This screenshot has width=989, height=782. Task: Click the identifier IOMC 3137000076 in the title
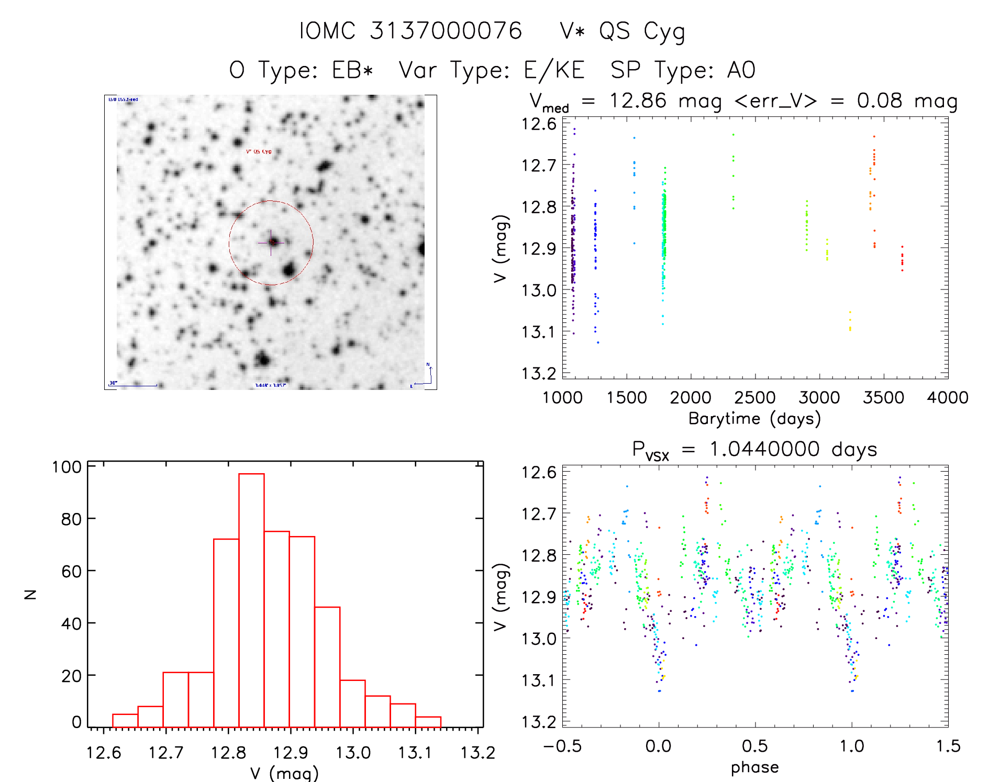410,31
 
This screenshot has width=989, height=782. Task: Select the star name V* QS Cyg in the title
622,31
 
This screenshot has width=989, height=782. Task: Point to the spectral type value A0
741,70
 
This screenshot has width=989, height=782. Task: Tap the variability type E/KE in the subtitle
554,70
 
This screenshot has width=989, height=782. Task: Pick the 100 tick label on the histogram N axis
66,467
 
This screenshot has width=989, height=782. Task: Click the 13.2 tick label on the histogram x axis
477,753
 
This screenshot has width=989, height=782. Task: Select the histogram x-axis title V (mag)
284,773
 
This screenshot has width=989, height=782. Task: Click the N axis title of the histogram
30,594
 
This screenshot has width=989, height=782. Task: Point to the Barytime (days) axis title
754,419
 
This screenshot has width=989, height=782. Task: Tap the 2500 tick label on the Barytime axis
754,398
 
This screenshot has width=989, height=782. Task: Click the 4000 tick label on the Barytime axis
948,398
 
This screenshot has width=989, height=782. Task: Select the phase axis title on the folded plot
754,767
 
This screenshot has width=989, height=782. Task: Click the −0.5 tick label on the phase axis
563,746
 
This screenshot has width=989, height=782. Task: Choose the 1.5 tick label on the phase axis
948,746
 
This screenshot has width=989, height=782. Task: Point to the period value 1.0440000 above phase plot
764,449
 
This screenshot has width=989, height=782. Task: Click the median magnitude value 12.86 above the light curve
638,100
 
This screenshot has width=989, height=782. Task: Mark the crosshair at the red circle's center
271,242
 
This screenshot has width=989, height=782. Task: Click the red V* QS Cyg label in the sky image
259,152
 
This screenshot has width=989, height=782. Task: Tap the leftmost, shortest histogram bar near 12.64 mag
125,720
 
